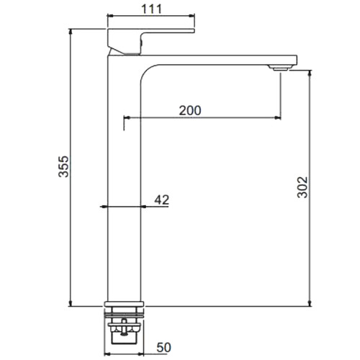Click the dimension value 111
[x=152, y=9]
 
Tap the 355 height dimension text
[x=63, y=166]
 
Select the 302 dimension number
[x=302, y=187]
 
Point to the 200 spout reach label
[x=190, y=110]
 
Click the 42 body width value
[x=162, y=199]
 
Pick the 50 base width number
[x=164, y=347]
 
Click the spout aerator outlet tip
[x=280, y=68]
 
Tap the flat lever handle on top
[x=150, y=42]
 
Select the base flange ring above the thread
[x=124, y=304]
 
